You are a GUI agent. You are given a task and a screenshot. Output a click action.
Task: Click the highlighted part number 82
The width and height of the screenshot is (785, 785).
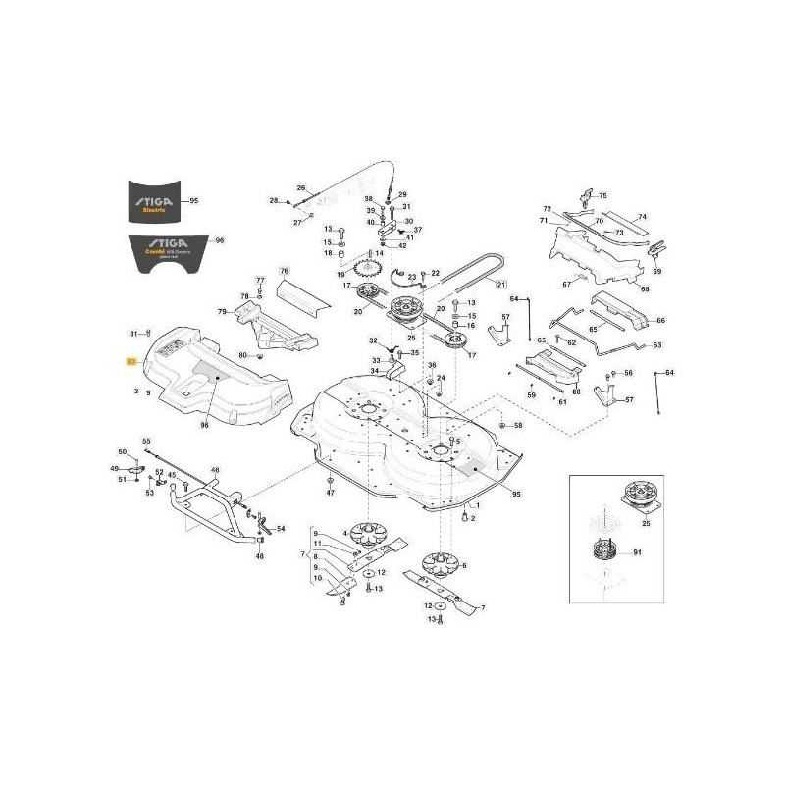(131, 361)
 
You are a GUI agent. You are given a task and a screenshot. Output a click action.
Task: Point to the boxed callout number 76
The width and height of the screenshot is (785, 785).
(284, 270)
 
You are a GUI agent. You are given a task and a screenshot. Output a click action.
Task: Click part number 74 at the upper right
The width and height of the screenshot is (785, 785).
(643, 217)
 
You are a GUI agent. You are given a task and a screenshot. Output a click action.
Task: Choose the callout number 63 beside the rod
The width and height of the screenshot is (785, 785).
(657, 345)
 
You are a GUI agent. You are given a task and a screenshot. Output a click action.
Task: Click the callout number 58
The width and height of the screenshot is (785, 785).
(519, 426)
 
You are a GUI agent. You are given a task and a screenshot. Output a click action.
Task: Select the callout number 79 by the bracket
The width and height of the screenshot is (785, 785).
(223, 312)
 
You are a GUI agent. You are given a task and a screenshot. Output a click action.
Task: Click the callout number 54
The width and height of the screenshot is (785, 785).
(281, 529)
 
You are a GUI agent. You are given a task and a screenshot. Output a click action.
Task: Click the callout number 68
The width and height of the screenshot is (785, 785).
(644, 288)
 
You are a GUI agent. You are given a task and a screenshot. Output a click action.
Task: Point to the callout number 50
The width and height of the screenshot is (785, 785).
(123, 451)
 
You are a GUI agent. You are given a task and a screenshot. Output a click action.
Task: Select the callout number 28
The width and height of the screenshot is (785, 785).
(274, 201)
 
